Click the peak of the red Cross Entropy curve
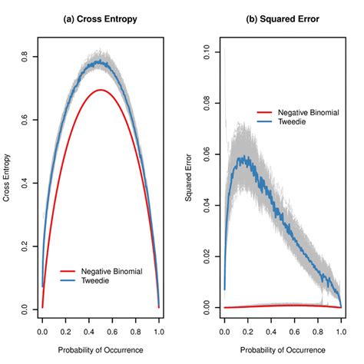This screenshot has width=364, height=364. [x=100, y=90]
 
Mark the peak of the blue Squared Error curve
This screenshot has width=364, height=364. [x=245, y=157]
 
